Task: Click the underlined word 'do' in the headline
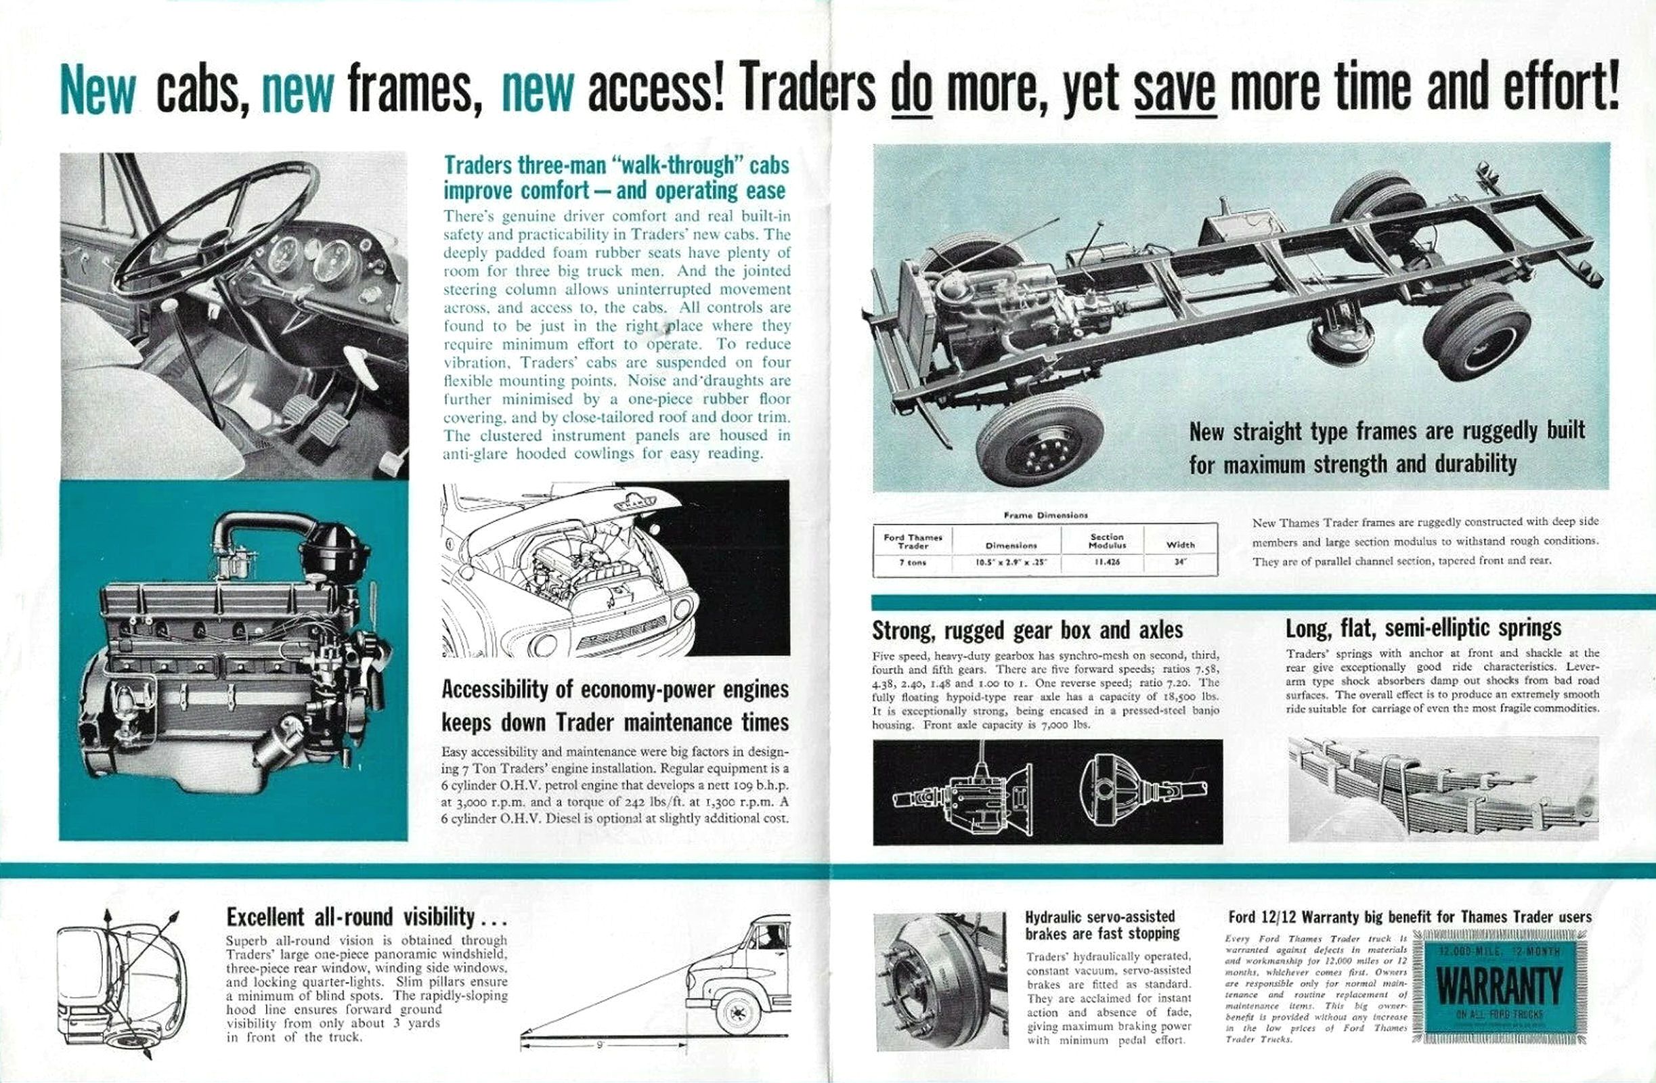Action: (x=911, y=90)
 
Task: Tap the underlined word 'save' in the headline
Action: (x=1175, y=90)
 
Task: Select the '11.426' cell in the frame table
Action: (x=1106, y=562)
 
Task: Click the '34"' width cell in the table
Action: (x=1180, y=562)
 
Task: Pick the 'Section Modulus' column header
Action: (x=1106, y=540)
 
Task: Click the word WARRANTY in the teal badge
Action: (x=1499, y=986)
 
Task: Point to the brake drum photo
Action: (x=939, y=981)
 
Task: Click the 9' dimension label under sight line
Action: (x=600, y=1044)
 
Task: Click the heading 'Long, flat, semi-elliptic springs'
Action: (x=1423, y=628)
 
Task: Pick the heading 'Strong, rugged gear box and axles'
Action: (x=1027, y=630)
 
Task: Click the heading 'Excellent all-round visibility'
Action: (x=366, y=916)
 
